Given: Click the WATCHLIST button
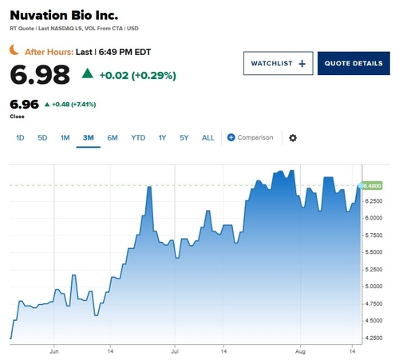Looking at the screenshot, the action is [278, 63].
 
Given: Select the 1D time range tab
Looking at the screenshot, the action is [20, 138].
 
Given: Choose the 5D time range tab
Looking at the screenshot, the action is [42, 138].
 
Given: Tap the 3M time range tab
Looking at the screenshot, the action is [89, 138].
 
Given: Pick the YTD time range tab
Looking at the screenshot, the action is [138, 138].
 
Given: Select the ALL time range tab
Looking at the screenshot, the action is [208, 138].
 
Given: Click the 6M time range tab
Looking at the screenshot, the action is [113, 138].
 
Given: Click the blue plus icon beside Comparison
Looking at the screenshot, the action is [231, 137].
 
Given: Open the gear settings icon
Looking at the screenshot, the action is [293, 138].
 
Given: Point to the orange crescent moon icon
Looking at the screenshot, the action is [14, 49].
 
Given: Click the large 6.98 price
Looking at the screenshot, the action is [40, 75].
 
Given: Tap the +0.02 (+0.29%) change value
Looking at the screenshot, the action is [138, 75].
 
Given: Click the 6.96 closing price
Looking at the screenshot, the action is [24, 105].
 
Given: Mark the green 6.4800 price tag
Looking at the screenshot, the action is [373, 185].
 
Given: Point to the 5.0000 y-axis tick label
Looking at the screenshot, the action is [373, 287].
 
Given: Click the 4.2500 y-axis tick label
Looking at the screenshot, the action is [373, 338].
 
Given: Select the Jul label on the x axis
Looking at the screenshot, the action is [175, 351].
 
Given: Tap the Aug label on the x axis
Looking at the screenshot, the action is [300, 351].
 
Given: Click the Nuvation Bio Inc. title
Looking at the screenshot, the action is [64, 15].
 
